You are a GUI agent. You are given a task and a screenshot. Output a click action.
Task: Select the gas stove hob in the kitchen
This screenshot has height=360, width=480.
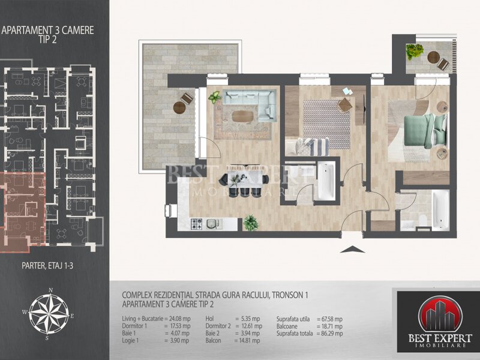[197, 224]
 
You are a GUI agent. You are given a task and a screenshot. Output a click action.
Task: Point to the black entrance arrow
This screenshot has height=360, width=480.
[352, 249]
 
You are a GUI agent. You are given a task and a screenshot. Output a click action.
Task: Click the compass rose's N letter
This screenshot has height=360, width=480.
[51, 290]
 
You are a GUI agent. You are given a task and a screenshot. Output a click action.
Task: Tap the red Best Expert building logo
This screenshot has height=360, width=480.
[440, 316]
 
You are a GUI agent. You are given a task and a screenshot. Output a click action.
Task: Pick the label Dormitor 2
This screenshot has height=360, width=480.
[218, 326]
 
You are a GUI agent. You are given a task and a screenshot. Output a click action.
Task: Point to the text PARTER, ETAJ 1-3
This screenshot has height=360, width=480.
[47, 265]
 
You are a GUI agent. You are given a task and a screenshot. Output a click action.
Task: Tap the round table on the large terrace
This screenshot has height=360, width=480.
[179, 107]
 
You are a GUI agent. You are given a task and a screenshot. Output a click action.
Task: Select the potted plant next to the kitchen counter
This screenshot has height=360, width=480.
[251, 223]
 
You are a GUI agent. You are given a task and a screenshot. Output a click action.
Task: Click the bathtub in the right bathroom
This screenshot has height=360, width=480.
[440, 210]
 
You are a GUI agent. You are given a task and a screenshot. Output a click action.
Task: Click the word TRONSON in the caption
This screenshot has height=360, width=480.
[287, 295]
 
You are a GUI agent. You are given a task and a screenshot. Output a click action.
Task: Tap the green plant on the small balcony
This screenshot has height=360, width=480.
[414, 52]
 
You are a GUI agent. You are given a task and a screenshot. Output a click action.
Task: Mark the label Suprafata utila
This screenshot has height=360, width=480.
[293, 319]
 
